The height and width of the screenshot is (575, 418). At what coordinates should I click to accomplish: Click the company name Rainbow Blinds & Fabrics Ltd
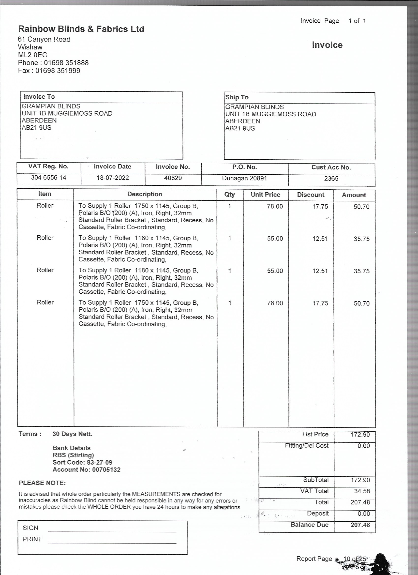(81, 29)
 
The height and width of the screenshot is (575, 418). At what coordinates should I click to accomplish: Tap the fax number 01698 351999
(58, 71)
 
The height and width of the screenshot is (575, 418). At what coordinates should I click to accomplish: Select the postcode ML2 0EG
(33, 55)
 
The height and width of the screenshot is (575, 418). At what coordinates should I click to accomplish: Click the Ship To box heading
(237, 97)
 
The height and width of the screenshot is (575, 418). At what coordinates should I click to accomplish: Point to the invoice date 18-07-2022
(113, 178)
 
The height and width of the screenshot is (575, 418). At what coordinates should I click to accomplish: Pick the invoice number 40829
(173, 178)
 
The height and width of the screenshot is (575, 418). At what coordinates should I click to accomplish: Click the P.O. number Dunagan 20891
(244, 178)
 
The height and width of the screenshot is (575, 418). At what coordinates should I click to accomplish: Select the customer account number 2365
(331, 179)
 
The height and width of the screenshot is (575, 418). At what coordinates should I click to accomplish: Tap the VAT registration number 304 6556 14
(48, 178)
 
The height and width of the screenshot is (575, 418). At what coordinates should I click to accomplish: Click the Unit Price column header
(265, 195)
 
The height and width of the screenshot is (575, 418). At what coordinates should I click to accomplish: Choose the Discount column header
(311, 195)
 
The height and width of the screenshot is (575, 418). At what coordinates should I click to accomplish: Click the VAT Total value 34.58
(362, 491)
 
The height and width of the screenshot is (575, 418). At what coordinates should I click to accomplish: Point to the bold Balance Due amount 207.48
(360, 525)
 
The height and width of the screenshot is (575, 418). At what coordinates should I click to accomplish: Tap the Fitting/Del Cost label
(306, 446)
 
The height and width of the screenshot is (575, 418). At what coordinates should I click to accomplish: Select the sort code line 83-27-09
(82, 462)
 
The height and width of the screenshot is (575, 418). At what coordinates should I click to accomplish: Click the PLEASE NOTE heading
(42, 483)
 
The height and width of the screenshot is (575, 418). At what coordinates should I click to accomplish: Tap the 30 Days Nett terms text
(72, 434)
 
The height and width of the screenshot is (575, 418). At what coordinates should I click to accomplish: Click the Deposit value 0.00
(363, 514)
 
